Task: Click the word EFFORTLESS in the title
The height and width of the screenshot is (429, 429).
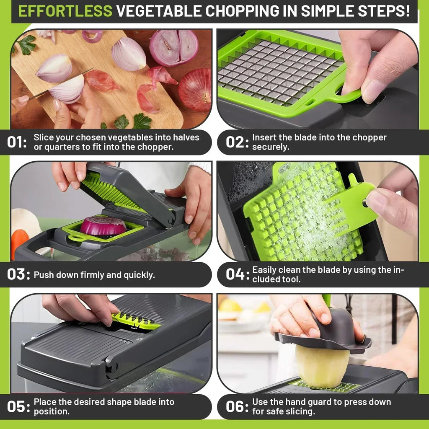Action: pos(65,11)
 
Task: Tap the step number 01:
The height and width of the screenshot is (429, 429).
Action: pos(17,142)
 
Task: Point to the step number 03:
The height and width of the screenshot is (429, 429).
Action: pos(19,275)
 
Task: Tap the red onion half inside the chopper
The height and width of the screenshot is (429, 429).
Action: pos(103,226)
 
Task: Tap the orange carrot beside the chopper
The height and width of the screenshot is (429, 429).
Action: pos(19,243)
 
